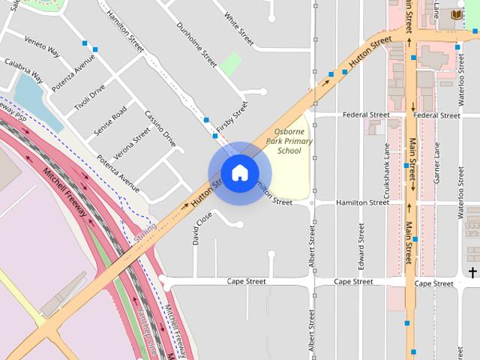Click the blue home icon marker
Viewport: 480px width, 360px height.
click(x=239, y=173)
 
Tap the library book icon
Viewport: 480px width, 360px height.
click(x=457, y=14)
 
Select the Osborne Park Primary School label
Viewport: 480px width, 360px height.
click(x=289, y=141)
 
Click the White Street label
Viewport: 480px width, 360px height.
click(x=239, y=26)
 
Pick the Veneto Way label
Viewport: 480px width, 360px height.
click(x=42, y=46)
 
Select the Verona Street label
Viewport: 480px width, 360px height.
click(x=132, y=139)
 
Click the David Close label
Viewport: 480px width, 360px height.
click(x=197, y=228)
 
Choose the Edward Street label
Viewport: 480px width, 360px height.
click(x=361, y=247)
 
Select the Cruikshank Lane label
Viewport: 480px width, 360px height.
click(x=387, y=167)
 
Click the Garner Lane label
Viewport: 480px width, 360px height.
click(x=436, y=167)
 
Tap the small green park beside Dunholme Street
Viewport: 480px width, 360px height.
click(x=230, y=63)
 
